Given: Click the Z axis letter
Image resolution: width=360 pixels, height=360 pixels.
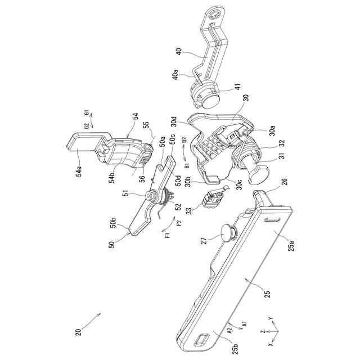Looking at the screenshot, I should click(x=262, y=332).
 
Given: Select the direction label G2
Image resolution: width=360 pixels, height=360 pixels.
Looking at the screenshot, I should click(x=86, y=127).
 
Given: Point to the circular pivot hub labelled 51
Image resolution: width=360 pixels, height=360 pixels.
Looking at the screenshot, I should click(x=152, y=196).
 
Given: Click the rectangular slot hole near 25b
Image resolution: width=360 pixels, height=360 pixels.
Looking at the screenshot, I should click(x=201, y=341).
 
